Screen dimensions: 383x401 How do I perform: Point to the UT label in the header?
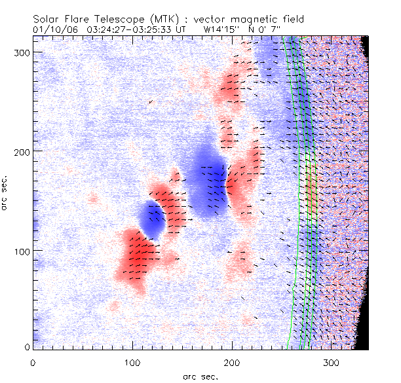pyautogui.click(x=183, y=29)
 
